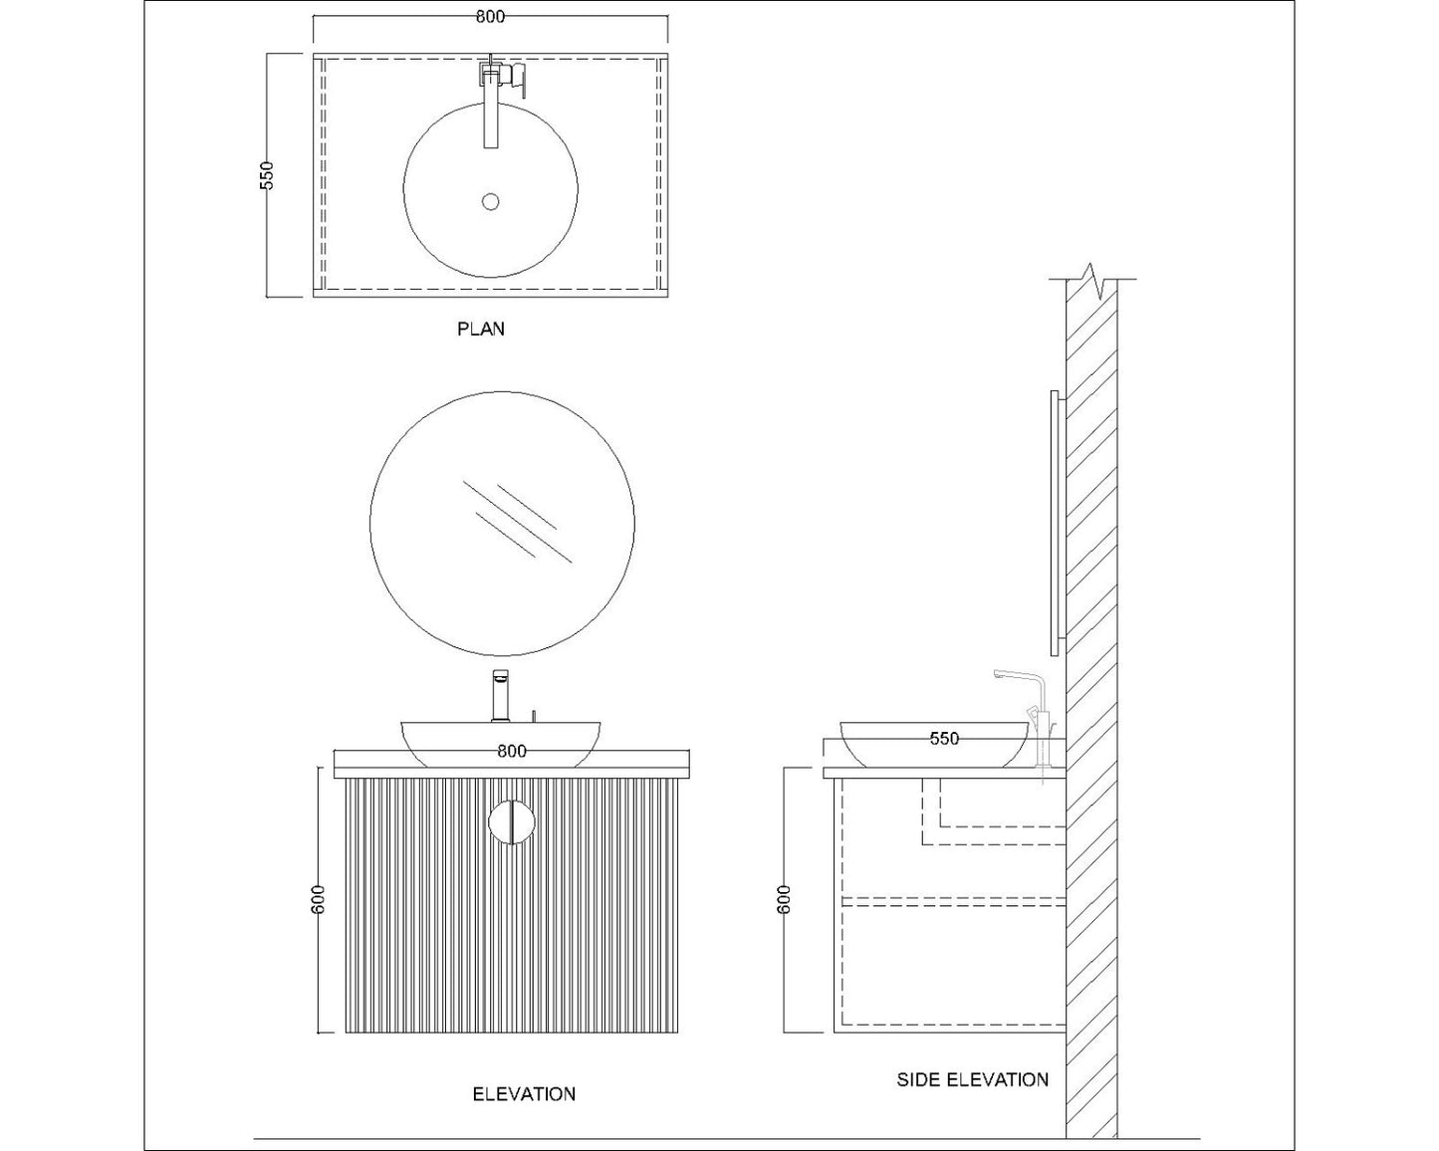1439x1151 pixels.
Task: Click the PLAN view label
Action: [x=481, y=329]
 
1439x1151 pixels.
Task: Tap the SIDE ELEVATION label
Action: [x=972, y=1079]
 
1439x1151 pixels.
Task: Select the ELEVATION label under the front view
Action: [x=523, y=1093]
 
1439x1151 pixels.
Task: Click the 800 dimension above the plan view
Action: [x=490, y=17]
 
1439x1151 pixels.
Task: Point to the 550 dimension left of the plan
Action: [x=266, y=175]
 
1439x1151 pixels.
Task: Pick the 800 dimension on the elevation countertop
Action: [x=512, y=751]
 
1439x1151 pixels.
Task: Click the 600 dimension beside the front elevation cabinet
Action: [x=319, y=902]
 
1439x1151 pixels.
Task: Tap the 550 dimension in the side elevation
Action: [x=944, y=738]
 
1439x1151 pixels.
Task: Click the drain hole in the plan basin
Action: [x=490, y=201]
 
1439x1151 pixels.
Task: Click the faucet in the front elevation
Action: [x=502, y=696]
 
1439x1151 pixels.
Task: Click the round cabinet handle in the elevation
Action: [x=512, y=822]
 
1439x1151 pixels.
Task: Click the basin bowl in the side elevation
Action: [x=934, y=747]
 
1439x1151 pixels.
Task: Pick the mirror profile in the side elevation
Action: [x=1055, y=522]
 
